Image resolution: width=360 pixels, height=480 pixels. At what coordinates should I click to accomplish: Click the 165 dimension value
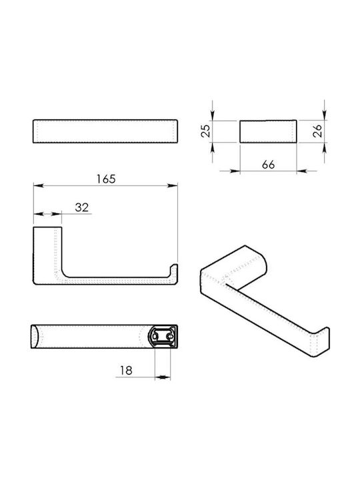[106, 179]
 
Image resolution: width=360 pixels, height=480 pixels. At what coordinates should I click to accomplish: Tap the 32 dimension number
[82, 207]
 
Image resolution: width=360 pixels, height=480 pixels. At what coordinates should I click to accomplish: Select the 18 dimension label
[126, 371]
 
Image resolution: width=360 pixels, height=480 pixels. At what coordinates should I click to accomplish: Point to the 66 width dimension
[269, 165]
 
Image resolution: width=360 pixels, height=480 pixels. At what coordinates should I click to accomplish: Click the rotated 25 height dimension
[206, 131]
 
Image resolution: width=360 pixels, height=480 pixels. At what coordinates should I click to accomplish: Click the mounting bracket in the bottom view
[163, 337]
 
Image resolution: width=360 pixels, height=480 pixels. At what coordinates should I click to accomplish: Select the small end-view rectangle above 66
[268, 131]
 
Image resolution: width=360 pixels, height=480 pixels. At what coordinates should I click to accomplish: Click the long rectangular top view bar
[105, 131]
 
